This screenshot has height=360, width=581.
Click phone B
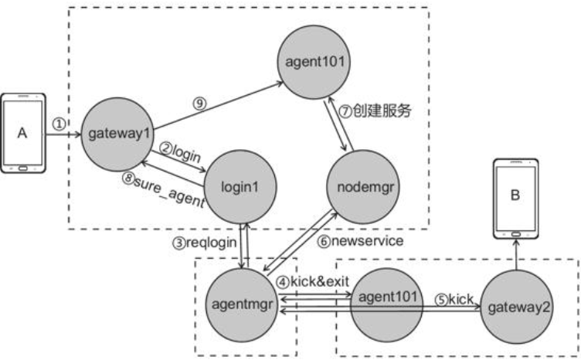click(x=514, y=199)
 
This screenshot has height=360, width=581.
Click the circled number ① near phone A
click(x=59, y=124)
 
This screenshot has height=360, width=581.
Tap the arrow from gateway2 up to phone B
click(x=514, y=255)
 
